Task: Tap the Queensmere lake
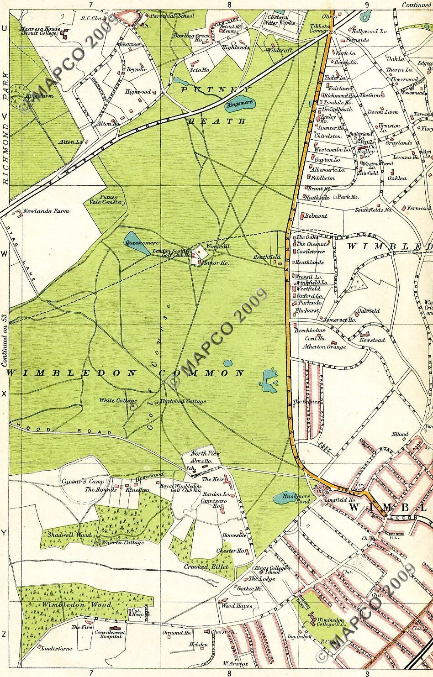136,244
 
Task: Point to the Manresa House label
40,31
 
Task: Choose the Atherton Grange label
325,346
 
